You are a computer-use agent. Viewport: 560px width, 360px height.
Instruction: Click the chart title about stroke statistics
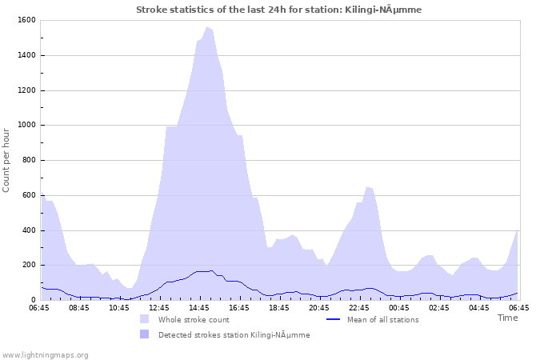[278, 10]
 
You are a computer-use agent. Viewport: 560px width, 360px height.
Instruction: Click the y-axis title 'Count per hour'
[7, 160]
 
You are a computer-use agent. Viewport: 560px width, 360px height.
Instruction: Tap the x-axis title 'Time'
[507, 318]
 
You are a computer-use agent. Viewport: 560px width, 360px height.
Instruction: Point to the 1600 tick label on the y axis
[26, 20]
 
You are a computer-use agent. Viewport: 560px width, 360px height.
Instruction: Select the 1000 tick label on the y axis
[26, 125]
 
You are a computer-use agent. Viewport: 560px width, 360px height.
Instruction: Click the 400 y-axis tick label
[28, 230]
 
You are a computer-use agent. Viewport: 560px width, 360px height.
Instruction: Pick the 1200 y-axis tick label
[26, 90]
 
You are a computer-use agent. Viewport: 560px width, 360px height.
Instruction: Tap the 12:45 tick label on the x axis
[159, 307]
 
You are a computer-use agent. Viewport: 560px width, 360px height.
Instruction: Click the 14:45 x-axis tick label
[199, 307]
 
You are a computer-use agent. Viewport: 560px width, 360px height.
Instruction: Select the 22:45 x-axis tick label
[359, 307]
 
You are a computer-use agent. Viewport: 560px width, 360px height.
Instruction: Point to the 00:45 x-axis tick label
[399, 307]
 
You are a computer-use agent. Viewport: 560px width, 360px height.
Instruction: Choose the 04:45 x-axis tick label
[479, 307]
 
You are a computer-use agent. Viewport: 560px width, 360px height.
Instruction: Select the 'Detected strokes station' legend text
[234, 335]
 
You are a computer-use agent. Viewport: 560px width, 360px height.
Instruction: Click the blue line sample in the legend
[334, 320]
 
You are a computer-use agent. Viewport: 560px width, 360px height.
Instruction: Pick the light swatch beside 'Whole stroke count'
[144, 319]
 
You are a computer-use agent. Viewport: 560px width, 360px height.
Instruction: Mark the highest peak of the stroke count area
[207, 27]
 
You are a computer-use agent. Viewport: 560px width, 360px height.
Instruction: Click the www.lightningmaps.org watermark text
[45, 354]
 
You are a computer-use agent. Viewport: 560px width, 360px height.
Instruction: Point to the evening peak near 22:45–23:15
[368, 187]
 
